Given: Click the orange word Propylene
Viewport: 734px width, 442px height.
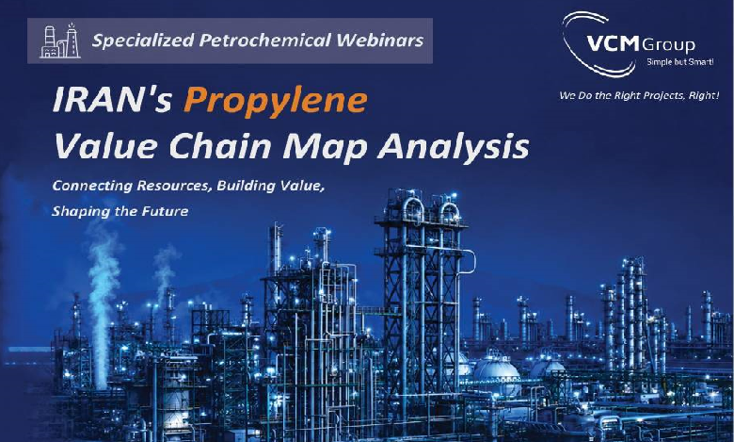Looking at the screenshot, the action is [276, 101].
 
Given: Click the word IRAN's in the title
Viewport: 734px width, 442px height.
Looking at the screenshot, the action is [113, 99].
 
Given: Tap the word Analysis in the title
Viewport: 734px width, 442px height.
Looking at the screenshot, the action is [454, 147].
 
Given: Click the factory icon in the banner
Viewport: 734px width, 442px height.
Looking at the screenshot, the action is [60, 41].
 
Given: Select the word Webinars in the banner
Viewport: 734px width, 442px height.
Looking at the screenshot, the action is [379, 41].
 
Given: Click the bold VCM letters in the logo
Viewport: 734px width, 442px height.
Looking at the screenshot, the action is [613, 44].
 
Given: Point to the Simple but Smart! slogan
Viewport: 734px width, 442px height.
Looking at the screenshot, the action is [680, 62].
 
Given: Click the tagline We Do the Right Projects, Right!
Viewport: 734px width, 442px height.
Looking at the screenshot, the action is [639, 95].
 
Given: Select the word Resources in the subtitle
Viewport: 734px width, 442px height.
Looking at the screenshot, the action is [172, 186].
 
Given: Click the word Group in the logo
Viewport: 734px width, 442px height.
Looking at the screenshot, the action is [668, 45].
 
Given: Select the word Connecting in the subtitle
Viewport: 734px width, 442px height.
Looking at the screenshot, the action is [92, 186].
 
